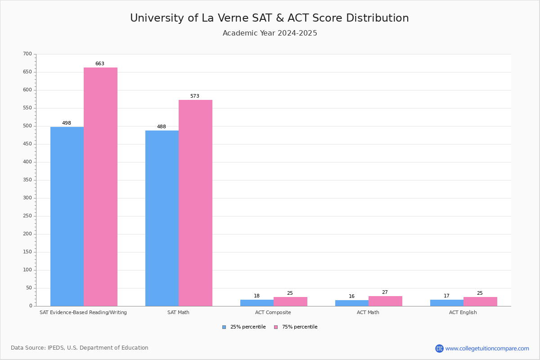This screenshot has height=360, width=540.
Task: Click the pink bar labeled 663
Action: (100, 187)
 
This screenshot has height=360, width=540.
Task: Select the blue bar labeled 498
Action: (67, 216)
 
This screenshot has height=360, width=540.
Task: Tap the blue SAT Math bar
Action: (162, 218)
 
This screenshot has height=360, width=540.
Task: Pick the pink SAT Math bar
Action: (195, 203)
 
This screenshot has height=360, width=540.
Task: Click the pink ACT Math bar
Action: (385, 301)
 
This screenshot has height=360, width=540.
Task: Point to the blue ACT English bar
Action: (447, 303)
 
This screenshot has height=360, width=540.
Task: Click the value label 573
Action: (194, 96)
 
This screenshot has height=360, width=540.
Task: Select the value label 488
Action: (162, 127)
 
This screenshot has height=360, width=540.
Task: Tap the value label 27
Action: (385, 292)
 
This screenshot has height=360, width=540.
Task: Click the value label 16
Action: (351, 297)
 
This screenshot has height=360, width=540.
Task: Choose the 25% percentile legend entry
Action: (244, 327)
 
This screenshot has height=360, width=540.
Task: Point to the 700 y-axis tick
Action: (27, 54)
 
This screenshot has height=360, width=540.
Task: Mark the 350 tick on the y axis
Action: (27, 180)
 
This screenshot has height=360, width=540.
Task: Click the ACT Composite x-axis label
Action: (273, 312)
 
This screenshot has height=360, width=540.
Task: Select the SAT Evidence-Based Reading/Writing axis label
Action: (83, 312)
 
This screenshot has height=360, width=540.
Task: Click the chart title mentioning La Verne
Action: (270, 18)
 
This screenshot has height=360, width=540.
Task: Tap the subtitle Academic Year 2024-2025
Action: (270, 33)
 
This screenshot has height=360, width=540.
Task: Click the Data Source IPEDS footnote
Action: (80, 348)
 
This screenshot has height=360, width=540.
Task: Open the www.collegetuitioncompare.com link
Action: (487, 348)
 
